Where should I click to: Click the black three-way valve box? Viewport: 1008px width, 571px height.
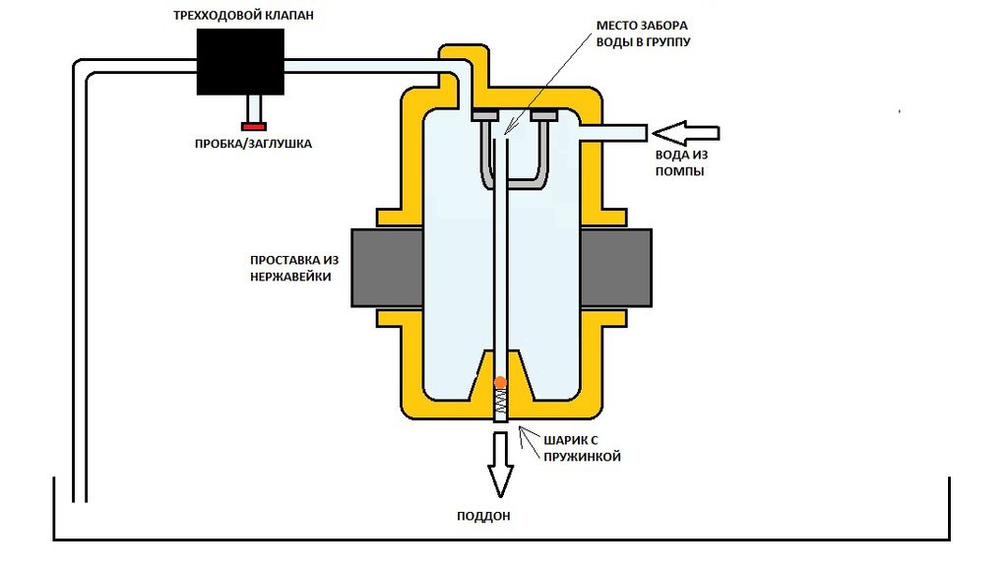240,62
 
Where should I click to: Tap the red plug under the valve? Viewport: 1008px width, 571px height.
253,127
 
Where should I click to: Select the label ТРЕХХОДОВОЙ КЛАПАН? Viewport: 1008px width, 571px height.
244,16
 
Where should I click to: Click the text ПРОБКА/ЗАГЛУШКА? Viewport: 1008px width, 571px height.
253,144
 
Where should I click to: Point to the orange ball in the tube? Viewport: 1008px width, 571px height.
500,383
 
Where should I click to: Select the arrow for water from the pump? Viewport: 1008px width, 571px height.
685,133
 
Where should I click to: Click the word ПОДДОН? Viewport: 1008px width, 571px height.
483,516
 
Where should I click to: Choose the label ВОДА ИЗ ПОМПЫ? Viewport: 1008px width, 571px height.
681,163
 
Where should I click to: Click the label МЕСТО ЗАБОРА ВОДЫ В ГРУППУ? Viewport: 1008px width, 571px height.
643,33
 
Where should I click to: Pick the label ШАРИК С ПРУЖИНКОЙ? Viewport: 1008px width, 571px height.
583,449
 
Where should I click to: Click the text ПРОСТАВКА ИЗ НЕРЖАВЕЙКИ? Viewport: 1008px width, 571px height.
294,269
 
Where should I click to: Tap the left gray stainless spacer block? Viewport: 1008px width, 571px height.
387,268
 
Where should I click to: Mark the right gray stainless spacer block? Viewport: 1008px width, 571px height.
616,268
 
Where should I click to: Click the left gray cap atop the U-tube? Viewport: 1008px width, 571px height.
484,116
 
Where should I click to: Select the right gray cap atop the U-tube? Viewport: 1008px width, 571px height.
543,116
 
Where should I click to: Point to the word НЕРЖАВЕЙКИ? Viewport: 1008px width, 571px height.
290,278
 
